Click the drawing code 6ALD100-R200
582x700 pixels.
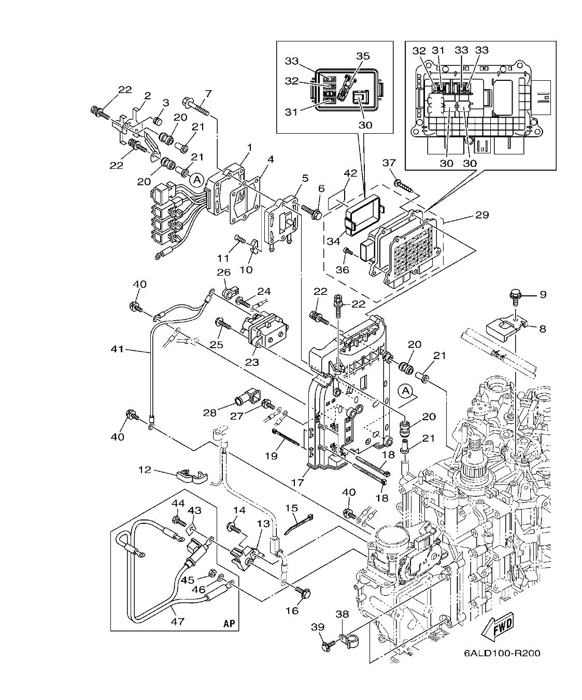[502, 652]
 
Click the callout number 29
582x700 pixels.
[482, 214]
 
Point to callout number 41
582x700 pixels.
[118, 349]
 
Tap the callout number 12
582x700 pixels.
[145, 469]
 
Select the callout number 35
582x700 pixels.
[363, 55]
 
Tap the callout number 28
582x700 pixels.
[209, 412]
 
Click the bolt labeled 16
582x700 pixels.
[304, 591]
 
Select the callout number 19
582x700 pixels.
[272, 455]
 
